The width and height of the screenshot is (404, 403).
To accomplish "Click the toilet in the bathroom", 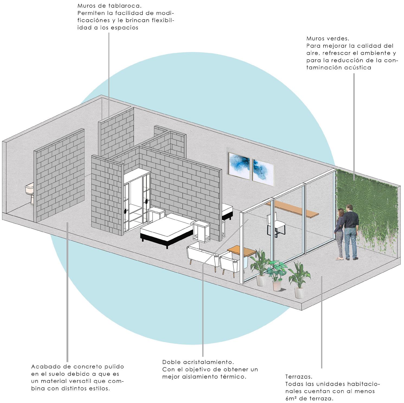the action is (x=30, y=192).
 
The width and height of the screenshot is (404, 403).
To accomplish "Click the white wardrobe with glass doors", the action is (x=136, y=198).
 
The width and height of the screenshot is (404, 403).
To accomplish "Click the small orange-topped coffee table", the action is (x=242, y=251).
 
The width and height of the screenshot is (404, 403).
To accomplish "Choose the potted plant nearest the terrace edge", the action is (x=299, y=279).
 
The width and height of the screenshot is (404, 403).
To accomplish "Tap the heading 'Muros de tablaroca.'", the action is (x=109, y=6).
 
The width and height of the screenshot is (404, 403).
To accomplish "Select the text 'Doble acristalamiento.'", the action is (x=198, y=362).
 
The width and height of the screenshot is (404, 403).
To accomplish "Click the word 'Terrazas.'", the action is (x=299, y=376).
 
